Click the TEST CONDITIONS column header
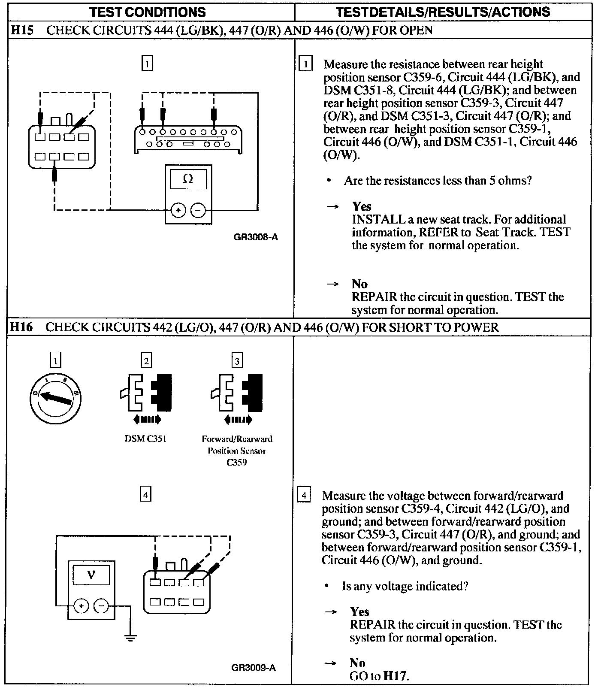[148, 12]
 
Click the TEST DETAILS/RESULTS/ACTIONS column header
[443, 12]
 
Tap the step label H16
[21, 328]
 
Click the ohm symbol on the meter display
[188, 179]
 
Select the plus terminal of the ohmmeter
[178, 210]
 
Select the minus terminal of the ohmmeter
[198, 210]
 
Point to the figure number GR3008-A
[256, 237]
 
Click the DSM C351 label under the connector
[145, 439]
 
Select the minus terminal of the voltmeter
[101, 606]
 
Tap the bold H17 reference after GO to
[394, 676]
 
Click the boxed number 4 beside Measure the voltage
[304, 496]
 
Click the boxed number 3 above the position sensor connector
[237, 361]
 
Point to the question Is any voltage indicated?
[405, 586]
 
